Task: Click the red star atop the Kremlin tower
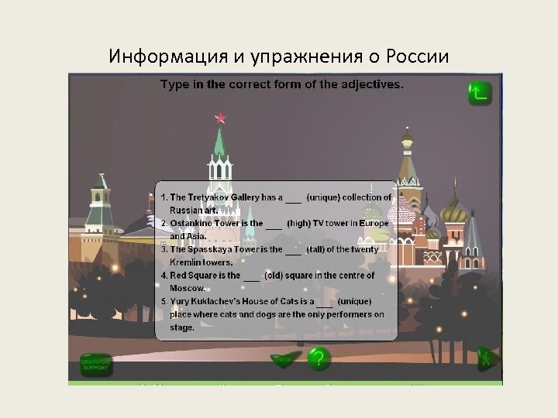(x=220, y=118)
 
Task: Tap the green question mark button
(x=318, y=358)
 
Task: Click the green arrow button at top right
(x=479, y=93)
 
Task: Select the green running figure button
(x=486, y=358)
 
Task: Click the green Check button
(x=284, y=359)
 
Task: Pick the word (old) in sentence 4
(x=277, y=275)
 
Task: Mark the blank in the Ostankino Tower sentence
(x=274, y=224)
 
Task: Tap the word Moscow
(x=188, y=288)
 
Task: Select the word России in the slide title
(x=420, y=57)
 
